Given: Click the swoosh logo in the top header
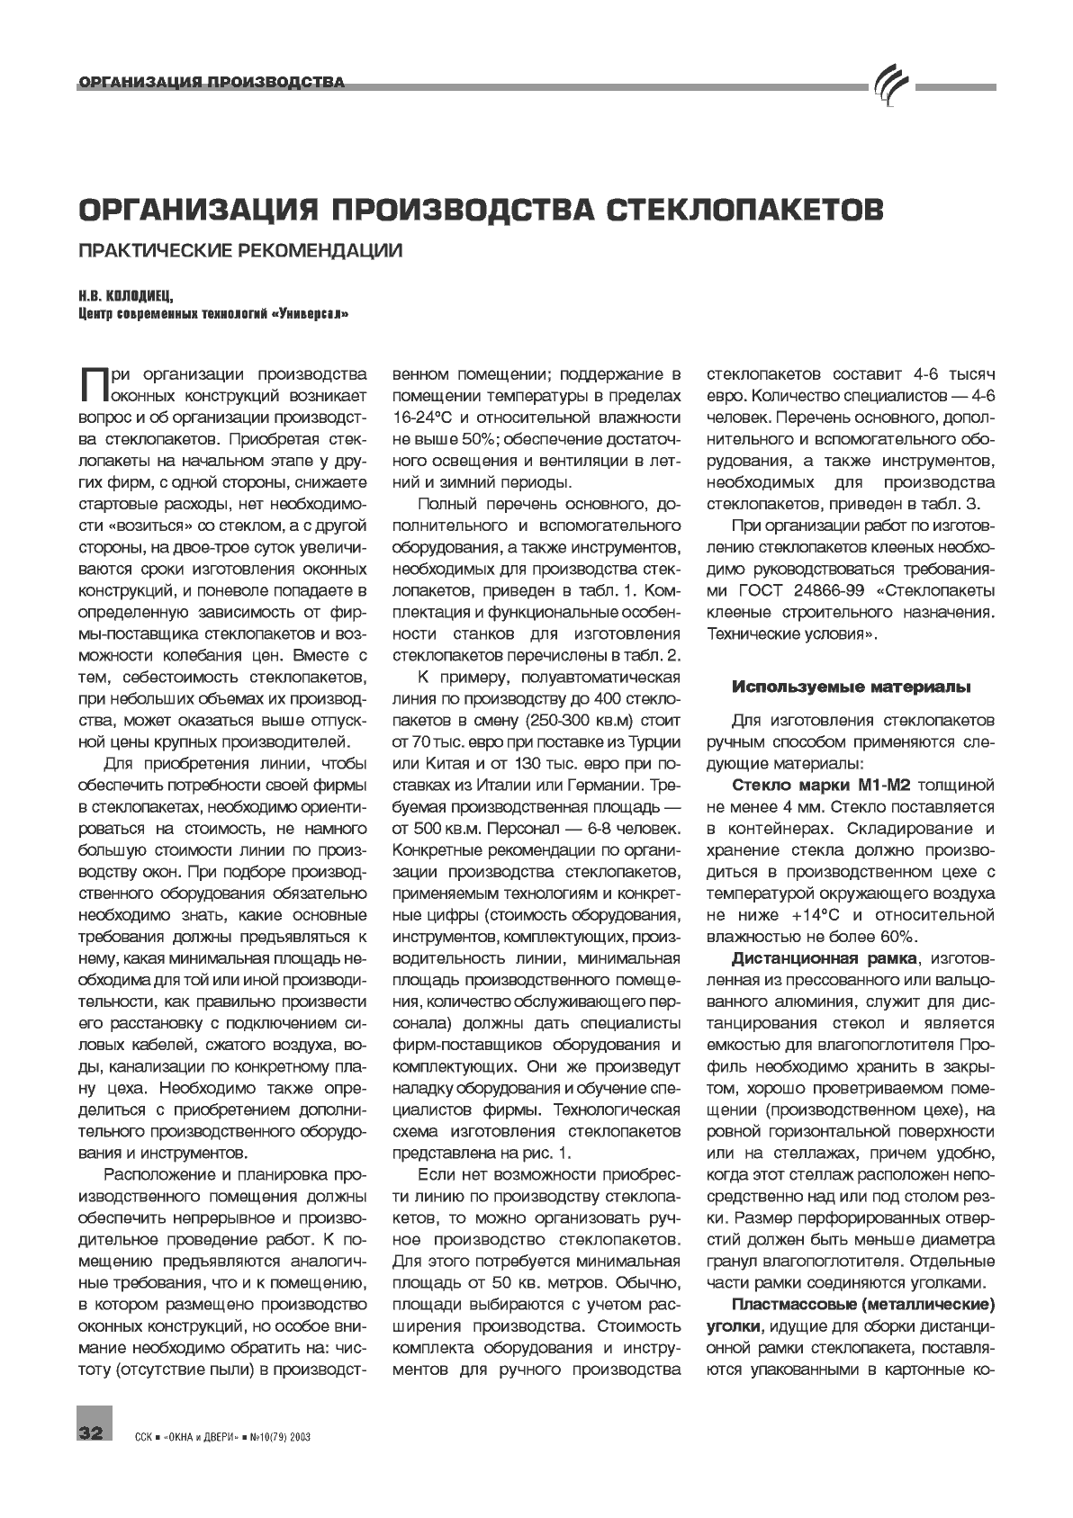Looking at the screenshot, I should coord(889,85).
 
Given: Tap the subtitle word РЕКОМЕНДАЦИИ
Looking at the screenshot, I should coord(320,251).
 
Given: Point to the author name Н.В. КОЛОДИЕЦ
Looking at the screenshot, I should coord(125,296).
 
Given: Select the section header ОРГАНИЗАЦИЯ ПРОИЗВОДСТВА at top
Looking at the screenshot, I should coord(212,84).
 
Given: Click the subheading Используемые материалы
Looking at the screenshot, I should coord(851,687).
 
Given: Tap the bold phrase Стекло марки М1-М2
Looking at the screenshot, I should coord(822,785).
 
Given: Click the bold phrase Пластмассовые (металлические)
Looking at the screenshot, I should coord(863,1304).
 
